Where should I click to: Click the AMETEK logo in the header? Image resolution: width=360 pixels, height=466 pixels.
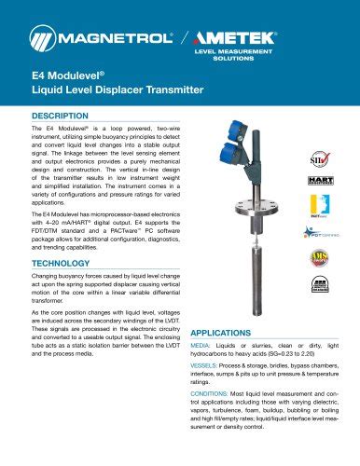coord(263,38)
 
